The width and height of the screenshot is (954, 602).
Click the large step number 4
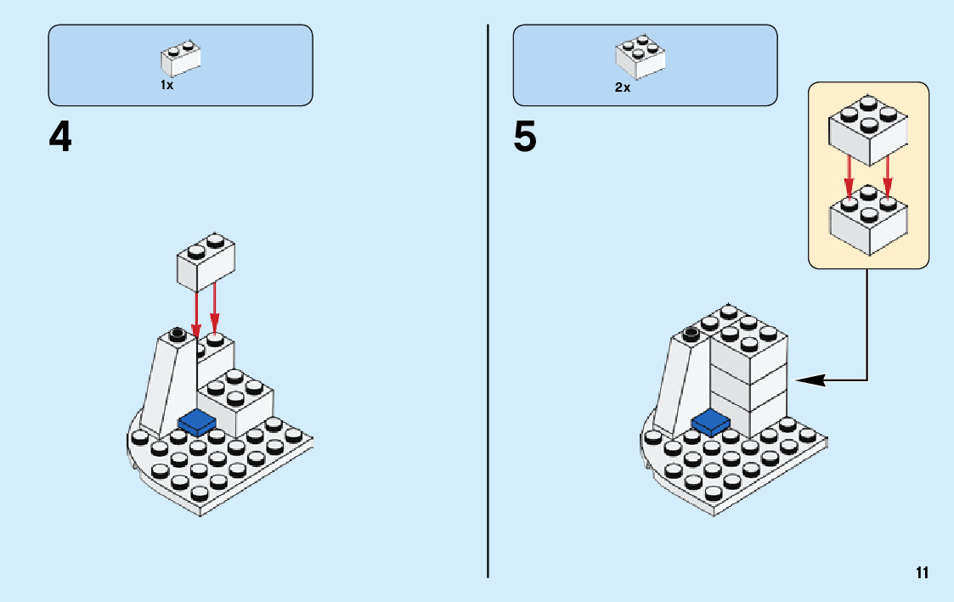pos(60,138)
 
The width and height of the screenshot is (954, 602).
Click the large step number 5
pos(525,138)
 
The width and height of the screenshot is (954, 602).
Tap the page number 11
pos(922,572)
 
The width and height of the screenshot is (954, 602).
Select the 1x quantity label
pos(167,86)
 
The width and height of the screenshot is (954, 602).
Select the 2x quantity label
pos(623,87)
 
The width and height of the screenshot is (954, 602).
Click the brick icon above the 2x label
pos(640,57)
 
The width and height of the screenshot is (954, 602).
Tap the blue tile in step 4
pos(197,420)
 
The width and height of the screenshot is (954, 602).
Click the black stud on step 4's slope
pos(178,332)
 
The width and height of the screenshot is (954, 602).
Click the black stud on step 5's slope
pos(691,331)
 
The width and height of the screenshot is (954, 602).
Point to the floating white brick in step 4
pos(206,261)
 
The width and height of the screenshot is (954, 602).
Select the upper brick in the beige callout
pos(868,131)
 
